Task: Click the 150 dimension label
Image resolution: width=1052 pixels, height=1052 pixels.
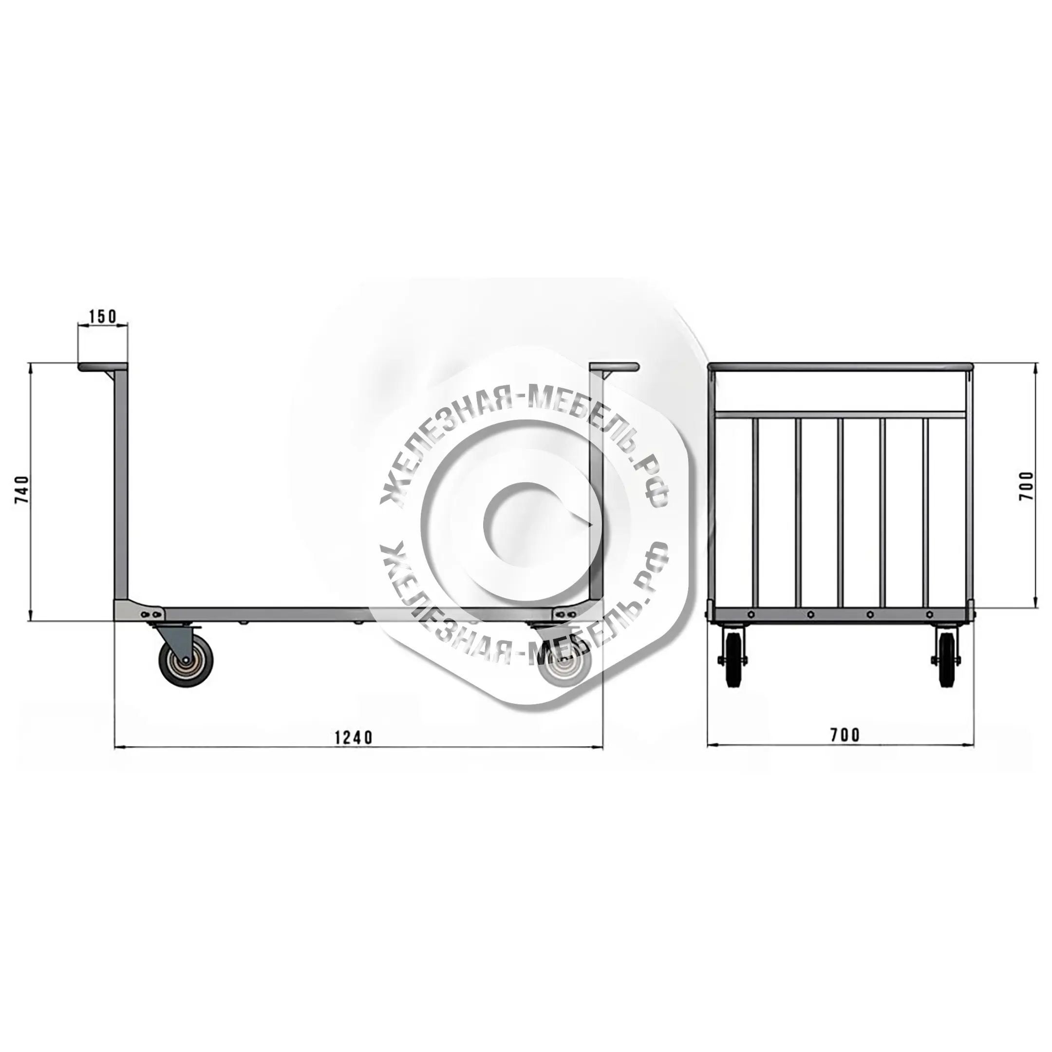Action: (x=102, y=315)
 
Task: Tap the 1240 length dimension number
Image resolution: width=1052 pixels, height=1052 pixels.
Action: (x=354, y=737)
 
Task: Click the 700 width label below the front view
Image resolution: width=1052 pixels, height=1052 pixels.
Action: (x=845, y=735)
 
